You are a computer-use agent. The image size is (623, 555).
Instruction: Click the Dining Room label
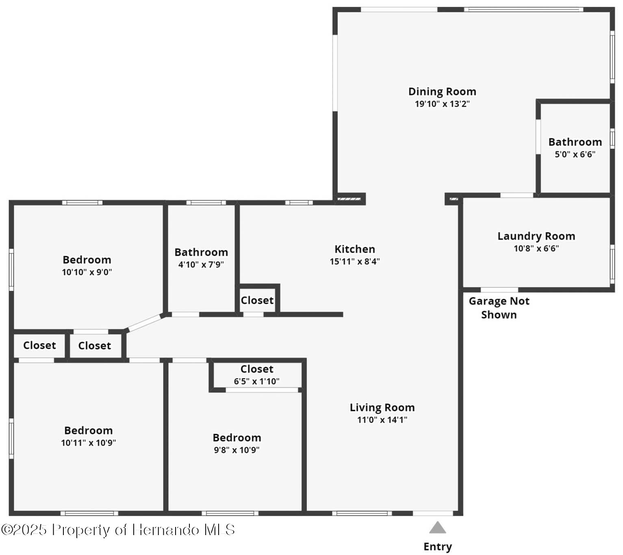442,91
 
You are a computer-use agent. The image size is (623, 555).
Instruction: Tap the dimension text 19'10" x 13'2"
442,104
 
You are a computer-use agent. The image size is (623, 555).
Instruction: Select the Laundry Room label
536,236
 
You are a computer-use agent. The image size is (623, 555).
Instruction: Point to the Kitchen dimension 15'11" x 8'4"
354,261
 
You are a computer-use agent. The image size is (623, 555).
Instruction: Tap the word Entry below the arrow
438,547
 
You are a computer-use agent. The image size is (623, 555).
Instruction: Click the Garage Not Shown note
499,308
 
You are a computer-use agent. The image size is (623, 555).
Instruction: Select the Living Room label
382,408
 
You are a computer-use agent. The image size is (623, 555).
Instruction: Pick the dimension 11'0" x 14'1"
382,420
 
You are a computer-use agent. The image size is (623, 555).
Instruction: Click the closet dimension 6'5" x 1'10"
256,381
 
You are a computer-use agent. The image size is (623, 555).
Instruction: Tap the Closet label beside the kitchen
257,300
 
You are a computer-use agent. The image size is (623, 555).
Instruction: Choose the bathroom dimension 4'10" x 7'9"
201,265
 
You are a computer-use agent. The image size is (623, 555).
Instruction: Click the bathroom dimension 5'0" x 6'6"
575,154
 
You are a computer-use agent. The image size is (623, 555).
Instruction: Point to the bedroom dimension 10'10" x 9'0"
87,272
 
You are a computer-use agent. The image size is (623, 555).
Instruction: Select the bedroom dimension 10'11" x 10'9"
88,443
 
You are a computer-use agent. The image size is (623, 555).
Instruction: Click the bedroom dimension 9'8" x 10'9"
237,450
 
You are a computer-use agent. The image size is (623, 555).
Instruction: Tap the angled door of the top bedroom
145,323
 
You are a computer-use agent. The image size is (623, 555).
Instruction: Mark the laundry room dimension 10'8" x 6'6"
536,248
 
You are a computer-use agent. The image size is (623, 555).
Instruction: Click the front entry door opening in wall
433,513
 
